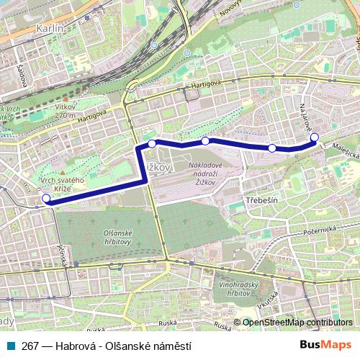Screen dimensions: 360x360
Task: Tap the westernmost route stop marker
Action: tap(47, 199)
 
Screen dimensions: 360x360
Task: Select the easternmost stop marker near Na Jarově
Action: tap(314, 137)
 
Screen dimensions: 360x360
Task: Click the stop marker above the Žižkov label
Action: tap(152, 144)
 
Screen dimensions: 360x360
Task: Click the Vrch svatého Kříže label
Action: tap(63, 182)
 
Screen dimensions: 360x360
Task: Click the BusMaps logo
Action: tap(325, 345)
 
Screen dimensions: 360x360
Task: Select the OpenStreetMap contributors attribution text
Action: tap(297, 322)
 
